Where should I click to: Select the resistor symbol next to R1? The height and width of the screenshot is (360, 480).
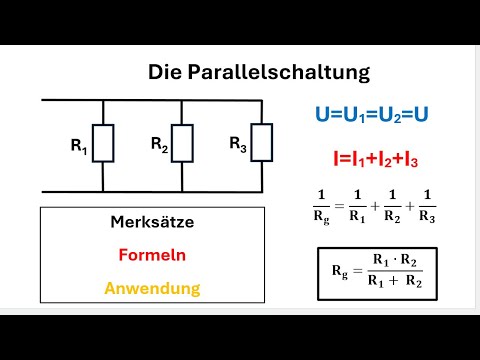point(104,144)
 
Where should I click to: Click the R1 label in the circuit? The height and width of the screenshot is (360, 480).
point(79,147)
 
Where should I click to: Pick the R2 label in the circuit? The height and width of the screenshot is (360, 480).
point(159,144)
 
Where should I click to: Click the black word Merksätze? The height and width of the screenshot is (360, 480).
point(153,223)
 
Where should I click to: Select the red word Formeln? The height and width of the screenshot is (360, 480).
point(153,255)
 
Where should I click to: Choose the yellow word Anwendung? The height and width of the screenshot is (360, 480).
point(153,289)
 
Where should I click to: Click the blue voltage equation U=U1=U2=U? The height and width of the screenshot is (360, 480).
point(371,115)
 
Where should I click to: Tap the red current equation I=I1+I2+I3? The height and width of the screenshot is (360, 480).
point(371,156)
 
